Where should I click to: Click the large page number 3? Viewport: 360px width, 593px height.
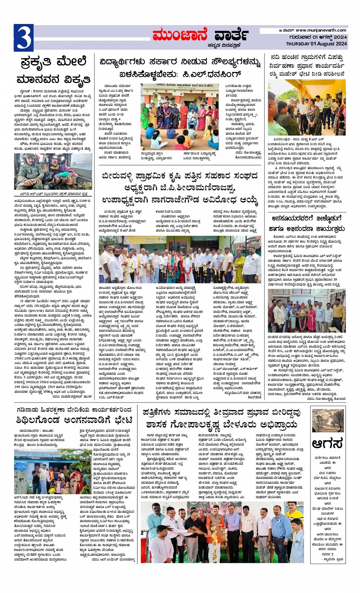(24, 38)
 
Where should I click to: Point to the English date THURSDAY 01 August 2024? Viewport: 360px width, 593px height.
(316, 44)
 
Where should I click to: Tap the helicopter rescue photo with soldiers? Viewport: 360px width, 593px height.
(53, 171)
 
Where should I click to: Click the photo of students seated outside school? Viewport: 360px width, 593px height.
(180, 117)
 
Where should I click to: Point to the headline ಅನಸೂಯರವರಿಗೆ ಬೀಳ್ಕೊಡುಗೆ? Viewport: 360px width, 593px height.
(307, 224)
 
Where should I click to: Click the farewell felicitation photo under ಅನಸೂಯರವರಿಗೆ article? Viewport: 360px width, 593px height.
(307, 310)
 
